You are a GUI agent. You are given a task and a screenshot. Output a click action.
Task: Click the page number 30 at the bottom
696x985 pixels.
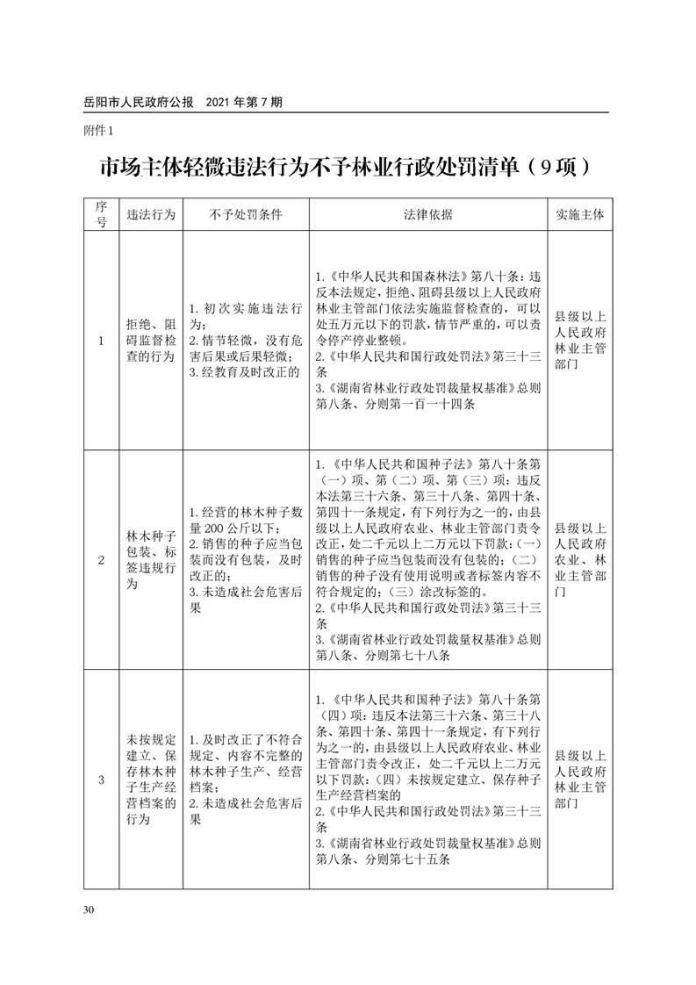88,909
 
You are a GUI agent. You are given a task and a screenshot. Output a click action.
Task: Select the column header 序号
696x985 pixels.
101,214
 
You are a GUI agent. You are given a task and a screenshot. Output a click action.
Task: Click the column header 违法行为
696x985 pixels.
151,214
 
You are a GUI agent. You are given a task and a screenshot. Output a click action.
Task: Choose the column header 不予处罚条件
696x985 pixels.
246,214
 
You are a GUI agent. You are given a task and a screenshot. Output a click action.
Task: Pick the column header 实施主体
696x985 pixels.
580,214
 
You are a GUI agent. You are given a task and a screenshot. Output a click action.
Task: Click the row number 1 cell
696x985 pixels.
101,341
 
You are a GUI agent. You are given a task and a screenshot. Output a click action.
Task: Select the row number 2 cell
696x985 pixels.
101,559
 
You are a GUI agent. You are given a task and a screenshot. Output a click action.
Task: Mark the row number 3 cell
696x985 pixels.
101,779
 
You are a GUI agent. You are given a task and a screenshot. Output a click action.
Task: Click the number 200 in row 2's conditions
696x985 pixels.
215,528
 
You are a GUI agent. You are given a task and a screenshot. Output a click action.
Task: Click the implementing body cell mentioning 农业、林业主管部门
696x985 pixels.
580,559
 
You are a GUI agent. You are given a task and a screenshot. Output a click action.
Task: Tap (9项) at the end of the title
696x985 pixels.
558,168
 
